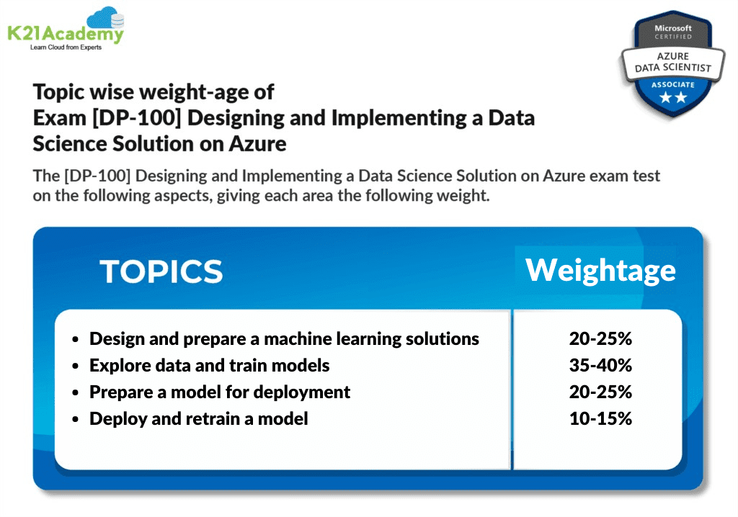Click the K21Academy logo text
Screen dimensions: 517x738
pos(65,33)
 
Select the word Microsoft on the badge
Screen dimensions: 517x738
pos(672,28)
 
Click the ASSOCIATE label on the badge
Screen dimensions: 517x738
pos(673,84)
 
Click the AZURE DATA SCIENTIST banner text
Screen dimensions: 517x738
pos(672,61)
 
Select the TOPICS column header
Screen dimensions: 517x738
pos(161,271)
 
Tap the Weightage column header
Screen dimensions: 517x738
pos(601,269)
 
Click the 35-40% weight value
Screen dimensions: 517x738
pos(600,365)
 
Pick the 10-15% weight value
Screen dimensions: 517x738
pos(600,418)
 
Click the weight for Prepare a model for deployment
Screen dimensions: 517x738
pos(600,392)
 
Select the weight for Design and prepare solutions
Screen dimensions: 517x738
pos(600,338)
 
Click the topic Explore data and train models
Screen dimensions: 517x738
pos(209,365)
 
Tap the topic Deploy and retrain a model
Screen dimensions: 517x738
pos(198,418)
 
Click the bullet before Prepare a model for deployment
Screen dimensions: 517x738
pos(76,393)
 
